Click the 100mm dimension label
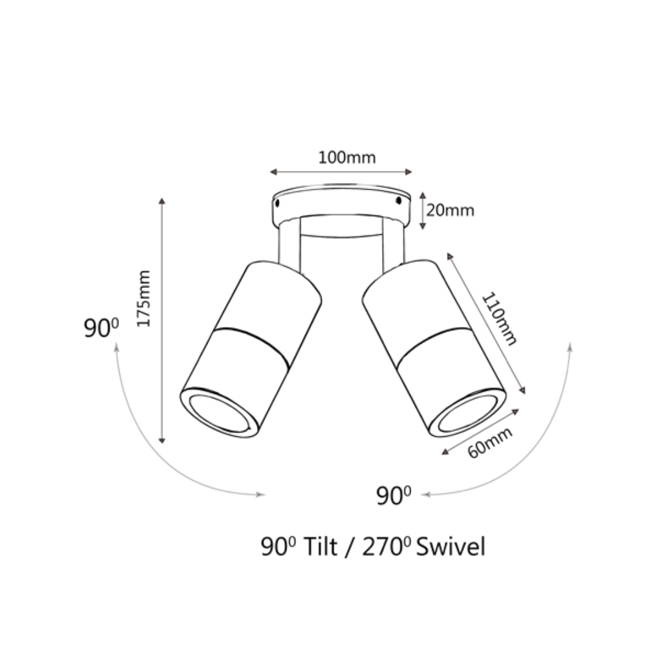[347, 157]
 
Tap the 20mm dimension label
[450, 210]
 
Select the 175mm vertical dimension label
[144, 298]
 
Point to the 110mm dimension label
[499, 319]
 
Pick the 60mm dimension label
[490, 442]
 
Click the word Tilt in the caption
[320, 547]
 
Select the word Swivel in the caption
[450, 547]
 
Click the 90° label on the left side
[101, 328]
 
